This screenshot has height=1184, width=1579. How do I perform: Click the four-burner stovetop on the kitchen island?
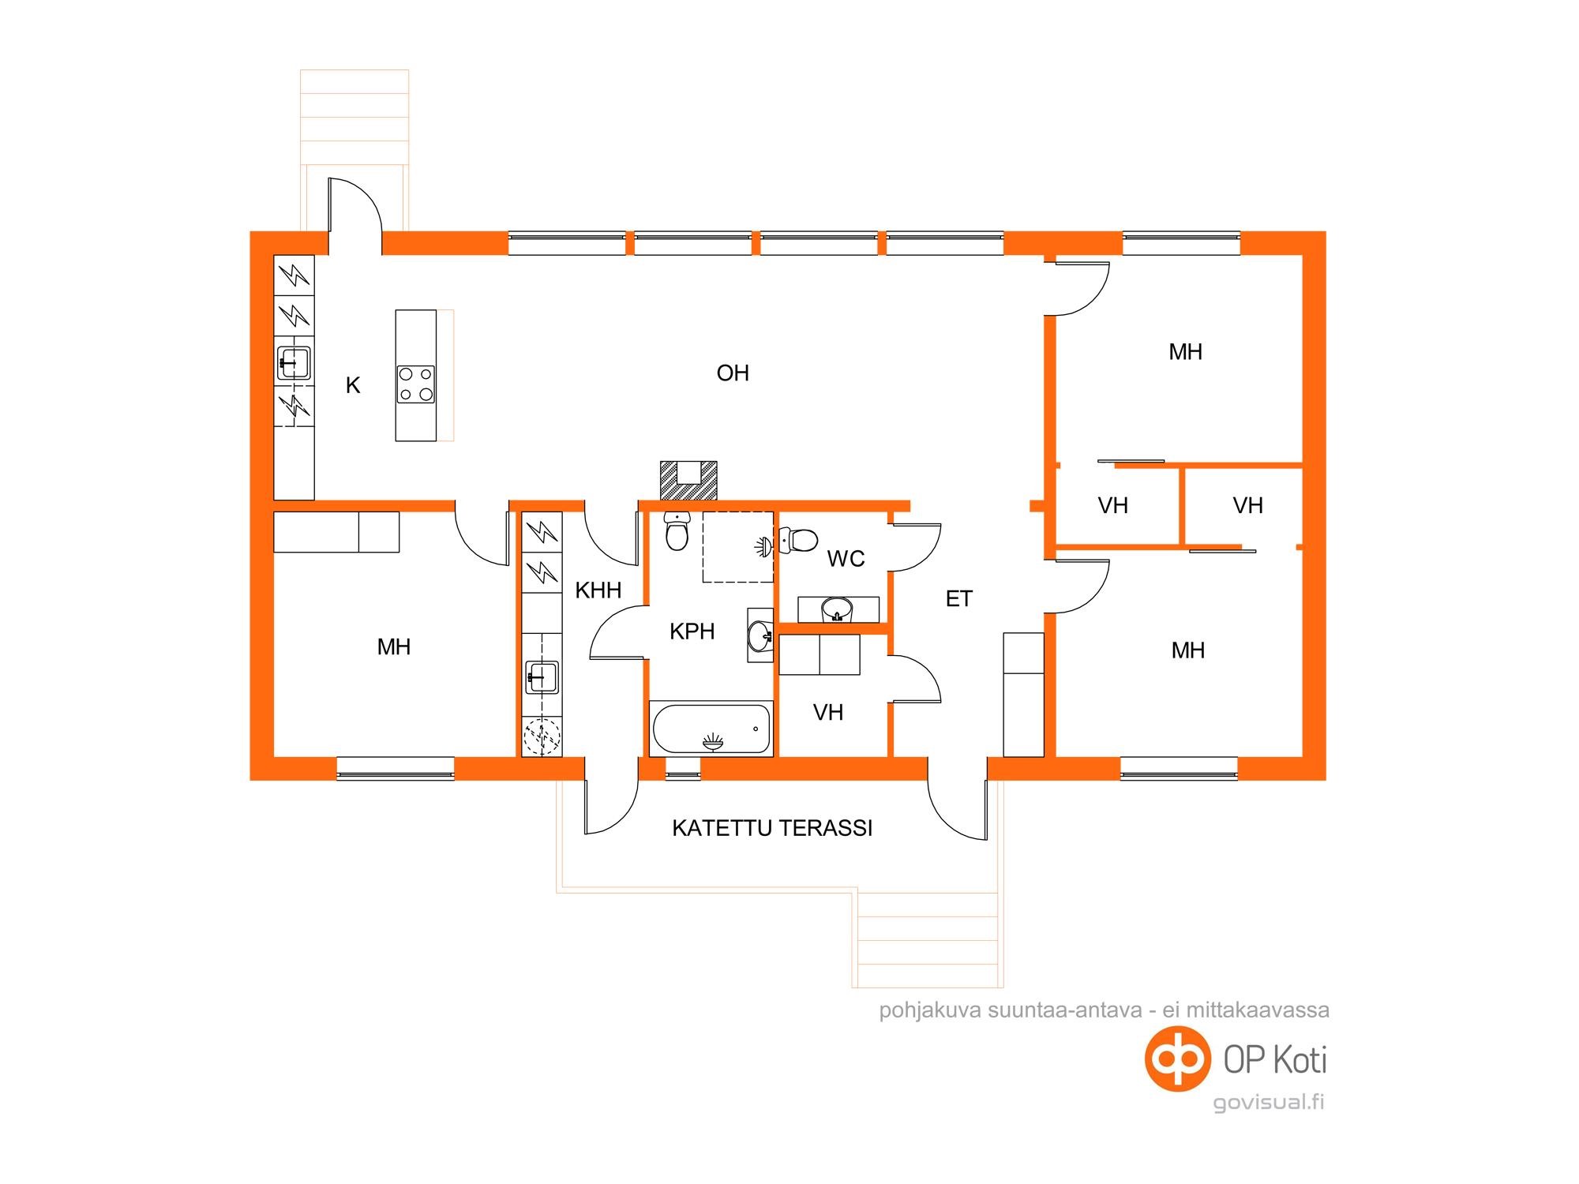tap(415, 384)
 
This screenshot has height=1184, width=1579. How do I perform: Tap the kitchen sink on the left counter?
tap(294, 363)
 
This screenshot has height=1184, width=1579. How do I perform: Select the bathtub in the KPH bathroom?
tap(711, 729)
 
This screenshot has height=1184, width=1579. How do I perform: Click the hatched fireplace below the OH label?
tap(688, 480)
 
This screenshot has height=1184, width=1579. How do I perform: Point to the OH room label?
tap(733, 373)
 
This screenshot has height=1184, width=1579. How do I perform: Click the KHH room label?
tap(598, 590)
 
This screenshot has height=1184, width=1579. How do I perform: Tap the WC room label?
tap(846, 559)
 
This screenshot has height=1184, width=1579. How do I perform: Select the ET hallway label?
tap(959, 599)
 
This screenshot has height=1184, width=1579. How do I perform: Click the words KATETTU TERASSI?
tap(772, 828)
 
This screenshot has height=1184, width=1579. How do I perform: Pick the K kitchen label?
tap(353, 385)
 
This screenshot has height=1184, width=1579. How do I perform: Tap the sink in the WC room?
tap(837, 609)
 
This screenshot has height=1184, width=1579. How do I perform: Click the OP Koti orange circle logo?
tap(1178, 1058)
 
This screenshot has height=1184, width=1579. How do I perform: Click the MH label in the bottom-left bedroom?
tap(394, 647)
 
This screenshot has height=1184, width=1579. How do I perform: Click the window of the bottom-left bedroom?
tap(396, 769)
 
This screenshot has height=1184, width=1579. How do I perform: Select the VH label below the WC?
tap(828, 713)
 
